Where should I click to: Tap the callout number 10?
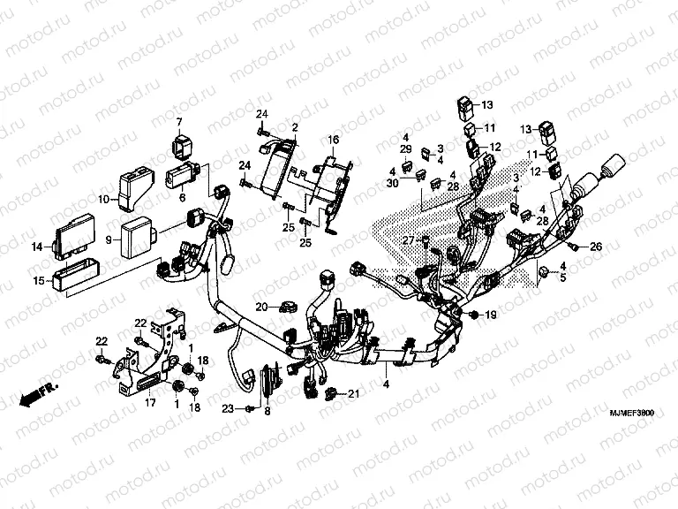tap(102, 200)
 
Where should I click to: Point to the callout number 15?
tap(39, 281)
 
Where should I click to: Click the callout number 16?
tap(334, 141)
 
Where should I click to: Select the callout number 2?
tap(295, 128)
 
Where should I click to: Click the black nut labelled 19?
tap(476, 315)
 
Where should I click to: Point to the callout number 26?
tap(595, 247)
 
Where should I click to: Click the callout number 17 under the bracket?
tap(150, 403)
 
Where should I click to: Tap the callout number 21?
tap(353, 393)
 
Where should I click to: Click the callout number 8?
tap(267, 412)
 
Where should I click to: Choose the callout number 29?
tap(406, 151)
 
